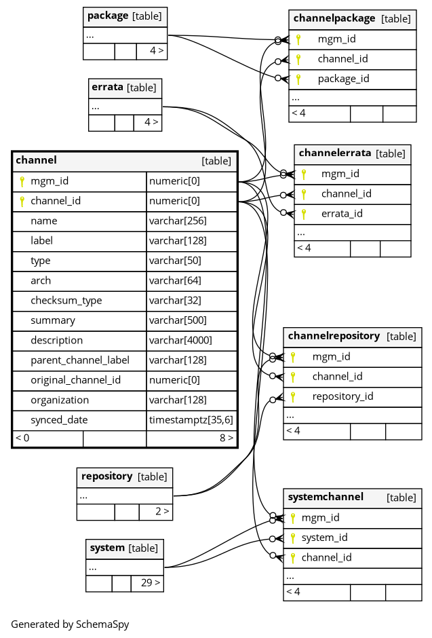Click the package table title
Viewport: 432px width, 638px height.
click(x=108, y=16)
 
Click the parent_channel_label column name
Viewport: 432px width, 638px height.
click(x=80, y=360)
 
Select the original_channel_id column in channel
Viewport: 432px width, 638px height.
click(x=75, y=380)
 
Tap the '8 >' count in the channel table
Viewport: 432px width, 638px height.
click(x=227, y=438)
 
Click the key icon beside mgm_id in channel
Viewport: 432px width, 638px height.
click(x=22, y=181)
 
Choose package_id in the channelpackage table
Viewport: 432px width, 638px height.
click(x=343, y=79)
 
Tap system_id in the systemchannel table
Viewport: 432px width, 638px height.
click(x=324, y=538)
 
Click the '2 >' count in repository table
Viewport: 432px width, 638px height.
click(x=162, y=511)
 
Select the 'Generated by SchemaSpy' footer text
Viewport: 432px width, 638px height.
click(x=70, y=624)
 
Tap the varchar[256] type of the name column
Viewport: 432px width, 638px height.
click(x=178, y=221)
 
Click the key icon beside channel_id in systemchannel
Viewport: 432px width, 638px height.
click(x=292, y=558)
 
